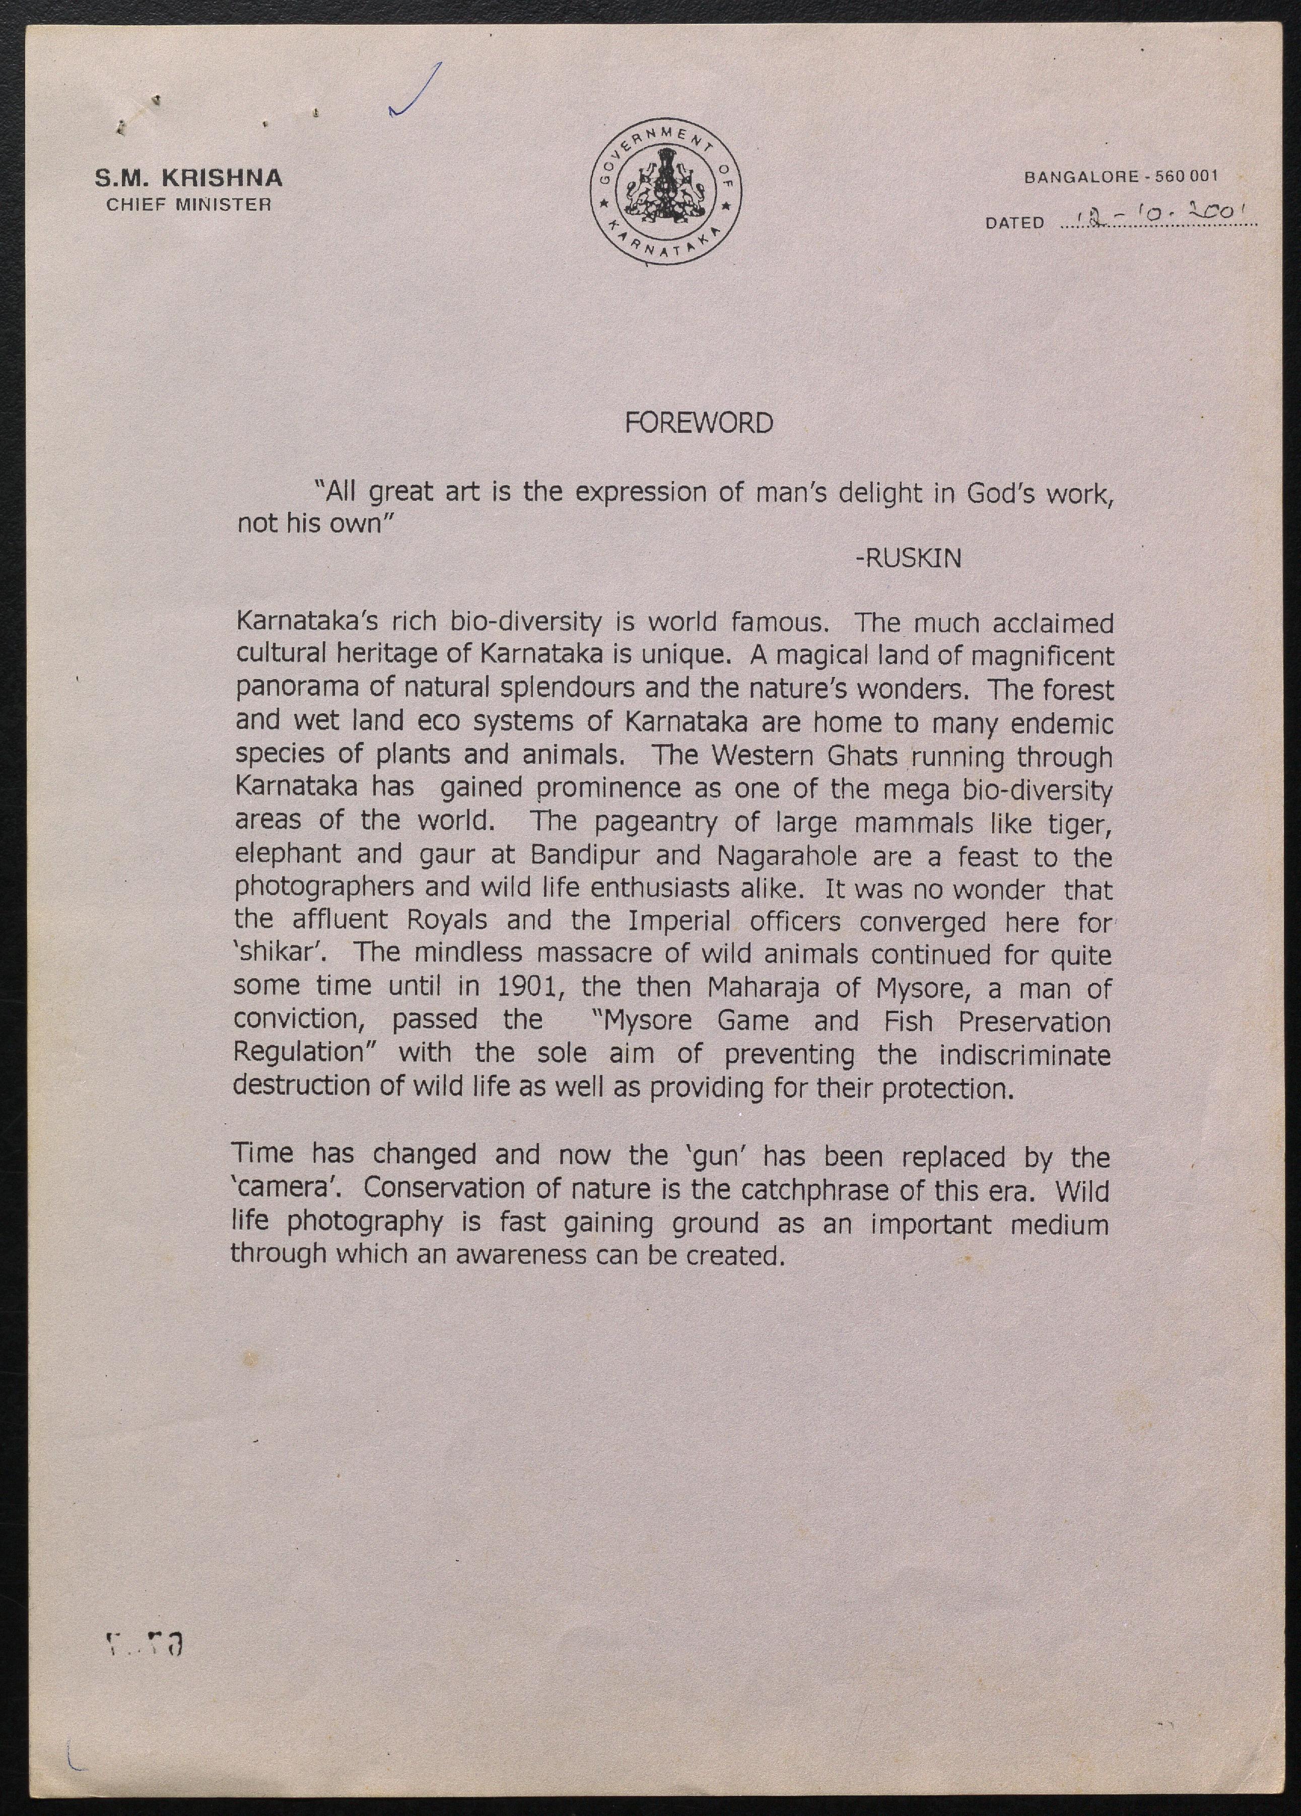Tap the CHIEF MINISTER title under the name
(x=189, y=204)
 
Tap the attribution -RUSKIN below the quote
(x=908, y=558)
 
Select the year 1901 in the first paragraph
(x=527, y=986)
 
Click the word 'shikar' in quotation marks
(x=283, y=953)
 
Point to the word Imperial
(x=679, y=922)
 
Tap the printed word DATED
(x=1014, y=223)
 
